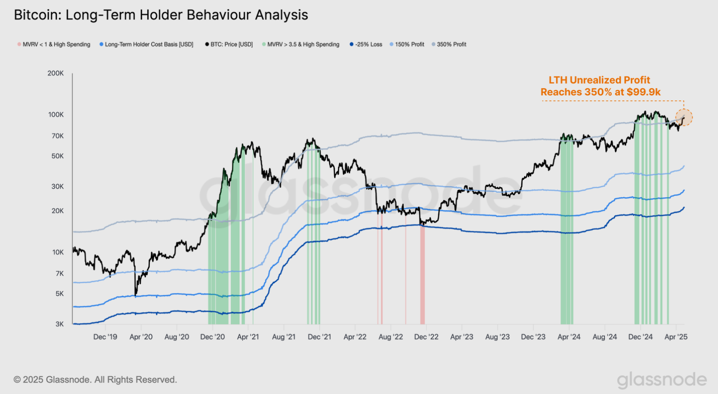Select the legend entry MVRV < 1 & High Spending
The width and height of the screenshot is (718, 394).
[56, 45]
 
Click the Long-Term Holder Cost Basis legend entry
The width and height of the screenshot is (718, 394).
[149, 45]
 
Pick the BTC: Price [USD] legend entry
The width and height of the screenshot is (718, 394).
[231, 45]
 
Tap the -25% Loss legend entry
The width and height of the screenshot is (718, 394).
[369, 45]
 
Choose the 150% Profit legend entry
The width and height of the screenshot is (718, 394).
[409, 45]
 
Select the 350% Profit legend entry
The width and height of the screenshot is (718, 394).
[451, 45]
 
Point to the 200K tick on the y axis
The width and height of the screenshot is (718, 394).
[56, 73]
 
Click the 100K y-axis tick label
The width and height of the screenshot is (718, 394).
[56, 115]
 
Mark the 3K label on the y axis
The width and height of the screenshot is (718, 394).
[59, 324]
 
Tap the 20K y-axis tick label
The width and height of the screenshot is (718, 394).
[57, 211]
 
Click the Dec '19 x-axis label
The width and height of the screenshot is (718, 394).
[105, 337]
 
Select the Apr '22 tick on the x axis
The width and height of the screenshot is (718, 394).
[355, 337]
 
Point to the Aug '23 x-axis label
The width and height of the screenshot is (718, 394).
[497, 337]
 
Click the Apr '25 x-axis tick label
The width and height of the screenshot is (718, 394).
[676, 337]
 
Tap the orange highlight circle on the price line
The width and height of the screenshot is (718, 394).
[684, 118]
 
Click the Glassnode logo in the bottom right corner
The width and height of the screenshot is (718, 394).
[662, 380]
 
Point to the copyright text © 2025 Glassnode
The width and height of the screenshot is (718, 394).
[95, 379]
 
